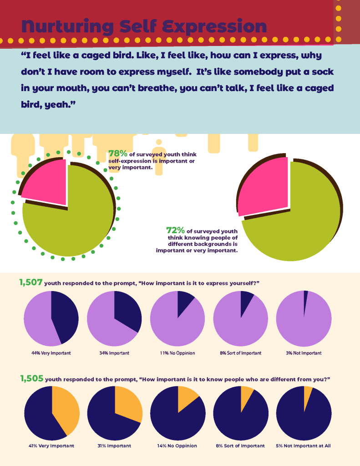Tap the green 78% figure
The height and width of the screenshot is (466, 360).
click(x=117, y=154)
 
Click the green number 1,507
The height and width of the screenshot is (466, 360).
click(x=31, y=283)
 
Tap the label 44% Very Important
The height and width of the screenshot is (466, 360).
click(x=51, y=353)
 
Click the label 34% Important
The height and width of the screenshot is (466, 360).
click(x=114, y=353)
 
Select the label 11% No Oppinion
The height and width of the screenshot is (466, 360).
click(x=177, y=353)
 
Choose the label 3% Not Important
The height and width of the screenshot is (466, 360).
click(x=304, y=353)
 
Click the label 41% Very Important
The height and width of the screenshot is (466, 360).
click(x=51, y=446)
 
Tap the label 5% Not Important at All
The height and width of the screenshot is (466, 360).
click(x=304, y=446)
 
